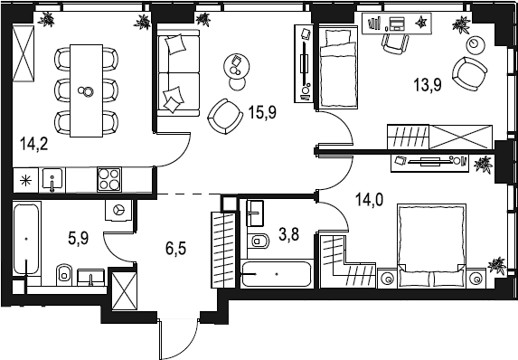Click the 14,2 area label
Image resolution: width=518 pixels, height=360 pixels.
(x=34, y=145)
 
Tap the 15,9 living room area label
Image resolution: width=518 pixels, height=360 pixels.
(x=263, y=113)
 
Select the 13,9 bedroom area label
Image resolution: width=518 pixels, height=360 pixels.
(x=428, y=85)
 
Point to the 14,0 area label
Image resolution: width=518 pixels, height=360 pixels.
(x=370, y=200)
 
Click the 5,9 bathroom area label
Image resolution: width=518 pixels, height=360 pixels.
(x=79, y=238)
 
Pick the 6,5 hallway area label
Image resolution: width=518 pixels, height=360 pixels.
(x=176, y=248)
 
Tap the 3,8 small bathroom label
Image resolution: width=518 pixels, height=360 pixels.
(x=288, y=235)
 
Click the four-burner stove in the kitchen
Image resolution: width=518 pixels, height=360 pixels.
(x=109, y=179)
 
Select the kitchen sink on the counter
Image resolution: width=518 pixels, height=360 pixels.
(x=52, y=180)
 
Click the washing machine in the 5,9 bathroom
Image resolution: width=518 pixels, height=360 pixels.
(x=118, y=210)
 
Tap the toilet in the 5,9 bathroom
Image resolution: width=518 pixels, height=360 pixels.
(x=64, y=274)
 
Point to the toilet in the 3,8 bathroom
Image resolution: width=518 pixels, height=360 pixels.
(x=260, y=241)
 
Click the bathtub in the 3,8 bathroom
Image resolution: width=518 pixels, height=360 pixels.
(x=277, y=274)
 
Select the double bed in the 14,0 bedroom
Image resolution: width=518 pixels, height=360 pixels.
(x=432, y=246)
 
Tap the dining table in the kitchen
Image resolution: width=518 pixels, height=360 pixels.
(x=86, y=90)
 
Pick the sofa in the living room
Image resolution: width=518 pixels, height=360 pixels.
(x=178, y=72)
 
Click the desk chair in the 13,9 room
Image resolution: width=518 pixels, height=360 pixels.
(x=395, y=43)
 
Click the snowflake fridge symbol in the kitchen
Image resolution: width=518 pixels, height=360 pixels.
(x=26, y=180)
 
